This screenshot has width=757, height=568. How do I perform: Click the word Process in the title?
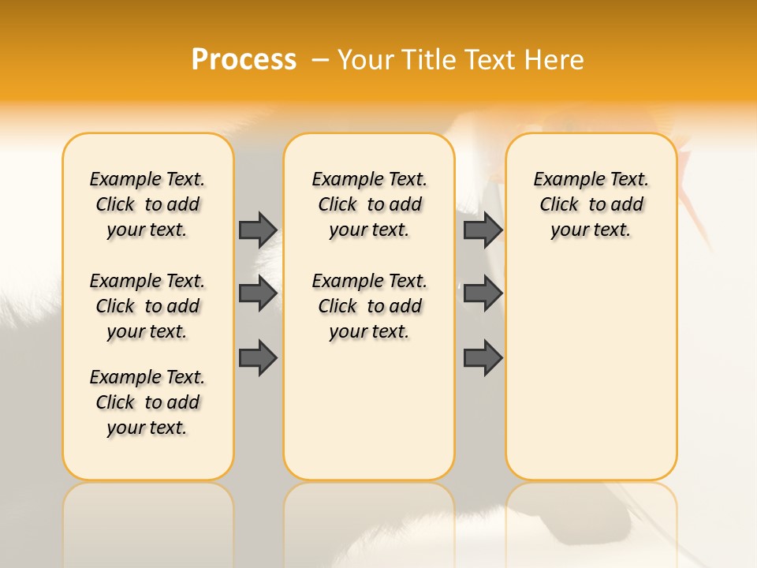[244, 60]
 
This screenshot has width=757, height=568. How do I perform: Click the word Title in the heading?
[431, 60]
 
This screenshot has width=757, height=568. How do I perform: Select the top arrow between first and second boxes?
[258, 230]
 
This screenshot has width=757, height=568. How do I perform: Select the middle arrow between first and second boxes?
[258, 293]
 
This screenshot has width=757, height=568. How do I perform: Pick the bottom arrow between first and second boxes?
[258, 357]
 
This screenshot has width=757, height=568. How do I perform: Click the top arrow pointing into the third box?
[483, 230]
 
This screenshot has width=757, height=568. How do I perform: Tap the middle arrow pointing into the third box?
[483, 293]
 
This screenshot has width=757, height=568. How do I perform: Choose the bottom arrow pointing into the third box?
[483, 357]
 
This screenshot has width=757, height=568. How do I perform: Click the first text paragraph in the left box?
[147, 204]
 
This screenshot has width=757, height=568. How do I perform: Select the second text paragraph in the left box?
[147, 306]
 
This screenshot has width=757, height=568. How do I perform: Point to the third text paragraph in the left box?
[147, 402]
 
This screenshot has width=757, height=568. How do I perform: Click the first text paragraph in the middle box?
[369, 204]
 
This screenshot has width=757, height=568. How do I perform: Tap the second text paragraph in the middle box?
[369, 306]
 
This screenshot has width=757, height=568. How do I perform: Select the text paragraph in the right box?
[591, 204]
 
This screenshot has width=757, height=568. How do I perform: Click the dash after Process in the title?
[320, 60]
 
